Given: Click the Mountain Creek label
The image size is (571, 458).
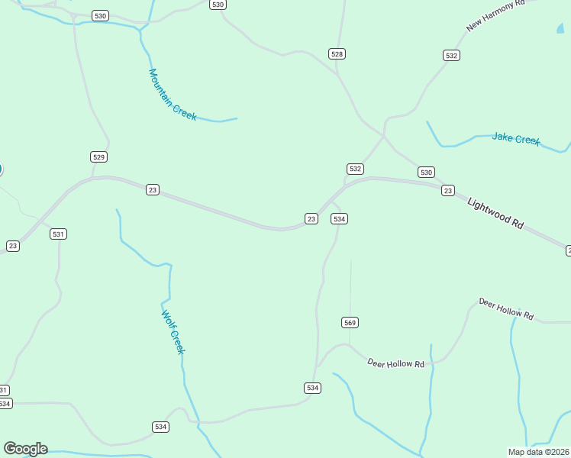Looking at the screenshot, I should click(173, 95).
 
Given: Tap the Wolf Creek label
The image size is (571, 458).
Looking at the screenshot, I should click(173, 332).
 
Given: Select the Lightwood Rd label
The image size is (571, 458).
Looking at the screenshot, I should click(495, 214).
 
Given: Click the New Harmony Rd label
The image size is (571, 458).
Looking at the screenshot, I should click(496, 15).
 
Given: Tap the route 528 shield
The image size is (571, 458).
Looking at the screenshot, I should click(337, 53).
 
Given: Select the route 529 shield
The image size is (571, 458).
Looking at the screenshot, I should click(98, 157).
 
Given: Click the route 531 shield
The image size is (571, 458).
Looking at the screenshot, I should click(58, 234).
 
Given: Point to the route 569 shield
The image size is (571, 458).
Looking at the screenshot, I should click(350, 323).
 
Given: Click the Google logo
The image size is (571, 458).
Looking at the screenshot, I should click(25, 449).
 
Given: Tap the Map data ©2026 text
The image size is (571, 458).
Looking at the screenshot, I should click(539, 452).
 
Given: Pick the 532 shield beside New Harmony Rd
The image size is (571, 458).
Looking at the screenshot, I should click(451, 56).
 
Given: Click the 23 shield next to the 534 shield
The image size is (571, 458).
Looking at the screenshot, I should click(311, 219).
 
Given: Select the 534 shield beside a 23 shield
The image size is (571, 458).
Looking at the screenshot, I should click(340, 219).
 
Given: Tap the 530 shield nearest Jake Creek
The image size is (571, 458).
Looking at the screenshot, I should click(426, 173).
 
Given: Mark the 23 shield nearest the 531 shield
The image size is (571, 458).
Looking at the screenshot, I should click(13, 246).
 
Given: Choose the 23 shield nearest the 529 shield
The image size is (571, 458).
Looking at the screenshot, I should click(153, 189).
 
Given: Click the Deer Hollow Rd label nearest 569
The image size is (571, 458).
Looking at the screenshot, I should click(395, 363).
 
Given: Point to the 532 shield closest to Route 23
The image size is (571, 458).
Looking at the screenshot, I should click(355, 169).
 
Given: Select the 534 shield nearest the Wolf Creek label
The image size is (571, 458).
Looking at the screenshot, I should click(160, 427).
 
